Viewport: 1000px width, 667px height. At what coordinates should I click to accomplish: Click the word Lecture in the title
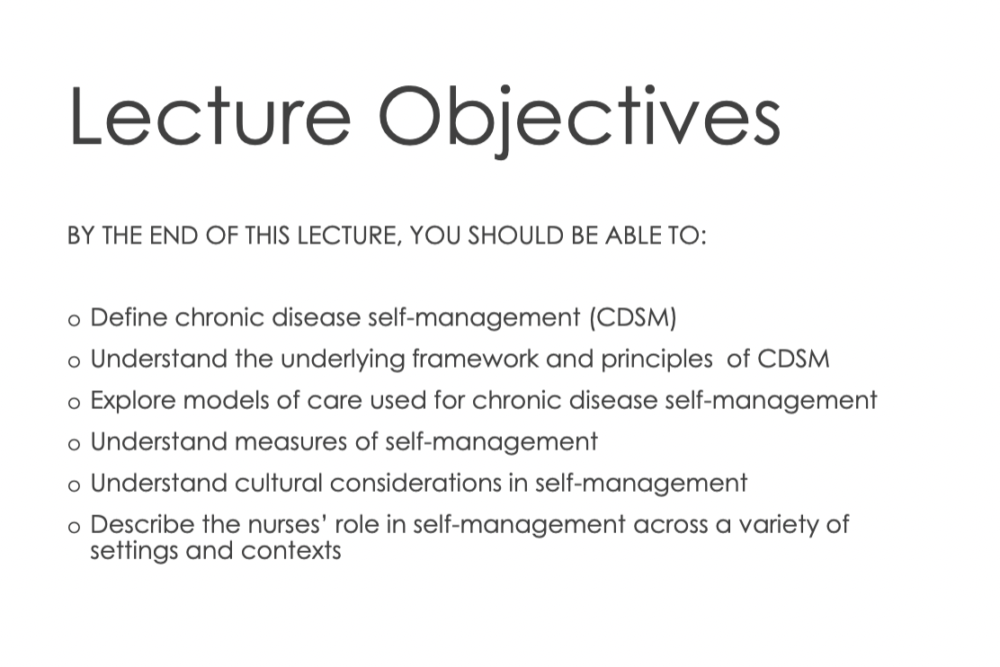click(x=210, y=116)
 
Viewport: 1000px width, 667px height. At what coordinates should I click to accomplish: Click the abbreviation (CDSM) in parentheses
click(x=633, y=317)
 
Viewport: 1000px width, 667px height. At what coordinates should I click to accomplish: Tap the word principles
click(x=656, y=360)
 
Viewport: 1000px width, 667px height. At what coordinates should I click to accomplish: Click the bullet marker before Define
click(x=74, y=320)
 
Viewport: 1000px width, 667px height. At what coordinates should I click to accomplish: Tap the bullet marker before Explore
click(x=74, y=403)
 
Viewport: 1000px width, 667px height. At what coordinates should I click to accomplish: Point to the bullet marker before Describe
click(x=74, y=528)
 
